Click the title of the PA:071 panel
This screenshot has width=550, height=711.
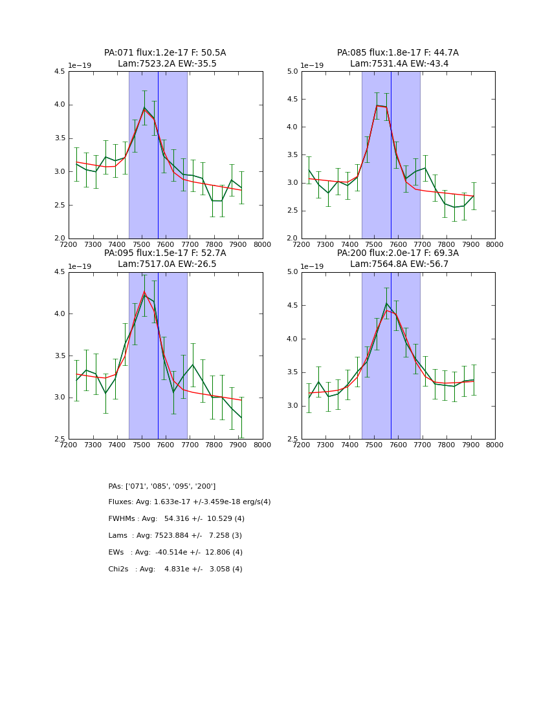[x=165, y=58]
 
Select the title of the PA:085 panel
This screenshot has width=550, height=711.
[x=398, y=58]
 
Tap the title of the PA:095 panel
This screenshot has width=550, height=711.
[x=165, y=259]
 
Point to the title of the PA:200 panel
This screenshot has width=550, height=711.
[x=398, y=259]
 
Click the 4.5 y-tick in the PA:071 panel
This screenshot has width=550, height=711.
[x=59, y=72]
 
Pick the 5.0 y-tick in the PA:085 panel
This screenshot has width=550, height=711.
[x=292, y=72]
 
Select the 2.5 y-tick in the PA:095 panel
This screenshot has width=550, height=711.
[x=59, y=439]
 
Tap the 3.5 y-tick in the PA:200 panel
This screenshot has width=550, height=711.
[x=292, y=372]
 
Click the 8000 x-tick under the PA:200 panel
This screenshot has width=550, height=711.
[x=495, y=445]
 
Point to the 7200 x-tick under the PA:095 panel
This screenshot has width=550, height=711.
[x=69, y=445]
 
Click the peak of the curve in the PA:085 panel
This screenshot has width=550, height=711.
[x=377, y=105]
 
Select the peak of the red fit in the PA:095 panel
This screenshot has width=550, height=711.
[x=145, y=292]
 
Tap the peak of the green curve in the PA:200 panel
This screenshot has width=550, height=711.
[x=386, y=303]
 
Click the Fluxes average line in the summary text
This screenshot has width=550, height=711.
[x=190, y=502]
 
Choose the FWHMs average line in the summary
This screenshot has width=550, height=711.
[x=177, y=519]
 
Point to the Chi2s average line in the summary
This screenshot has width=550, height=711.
[x=175, y=569]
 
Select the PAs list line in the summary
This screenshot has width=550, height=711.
[x=162, y=486]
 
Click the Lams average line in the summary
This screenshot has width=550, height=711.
[x=175, y=536]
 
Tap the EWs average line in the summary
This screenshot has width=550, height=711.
[x=175, y=553]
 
